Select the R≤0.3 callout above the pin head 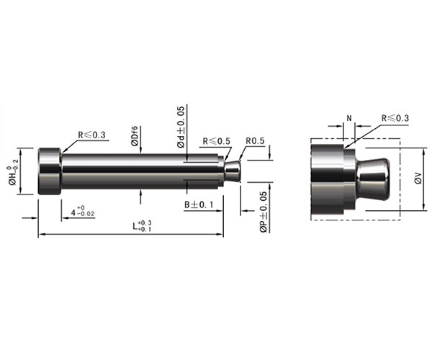click(x=91, y=135)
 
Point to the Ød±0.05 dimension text click(x=181, y=127)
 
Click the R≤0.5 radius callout click(x=216, y=141)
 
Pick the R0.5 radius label click(x=255, y=141)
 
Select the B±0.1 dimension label click(x=199, y=205)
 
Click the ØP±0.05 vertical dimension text click(x=264, y=212)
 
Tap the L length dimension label click(x=142, y=226)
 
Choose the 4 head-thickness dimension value click(x=83, y=212)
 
